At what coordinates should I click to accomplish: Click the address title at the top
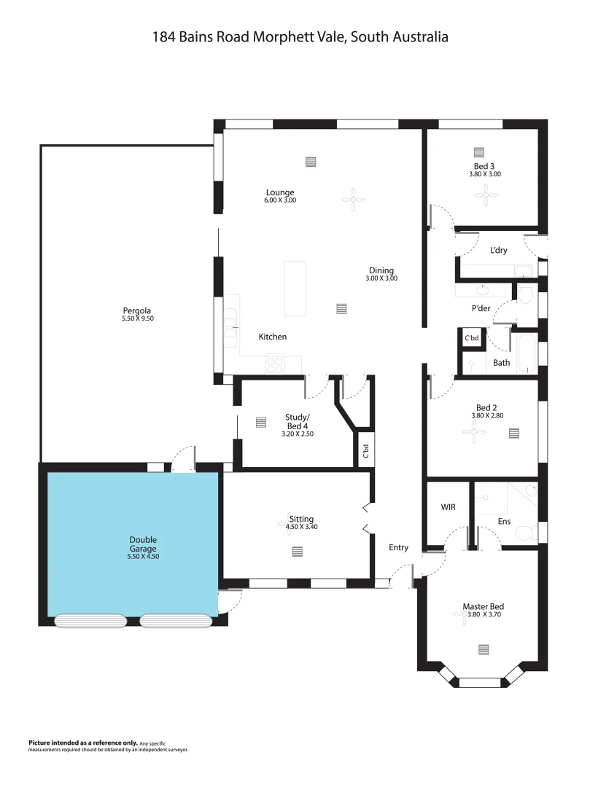(300, 36)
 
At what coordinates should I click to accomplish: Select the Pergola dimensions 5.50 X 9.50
(138, 318)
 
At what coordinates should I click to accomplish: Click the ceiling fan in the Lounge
(354, 199)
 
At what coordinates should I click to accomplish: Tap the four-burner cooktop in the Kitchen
(275, 364)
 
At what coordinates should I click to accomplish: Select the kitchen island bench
(295, 288)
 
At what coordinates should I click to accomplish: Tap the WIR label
(448, 506)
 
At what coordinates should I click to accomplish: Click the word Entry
(398, 547)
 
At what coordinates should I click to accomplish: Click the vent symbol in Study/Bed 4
(262, 422)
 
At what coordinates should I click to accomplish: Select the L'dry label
(500, 250)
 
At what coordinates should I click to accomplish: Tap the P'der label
(481, 308)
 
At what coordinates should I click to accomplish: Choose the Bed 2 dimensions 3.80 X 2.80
(487, 416)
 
